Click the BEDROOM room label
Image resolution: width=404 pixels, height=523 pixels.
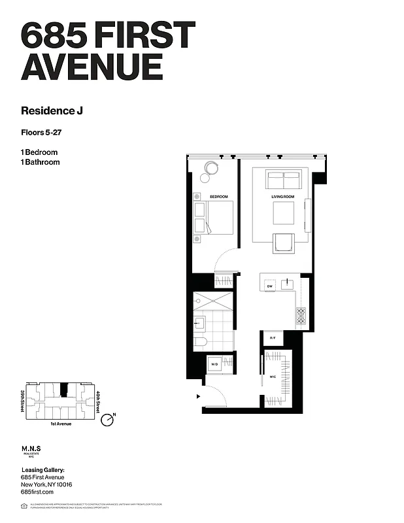click(x=218, y=197)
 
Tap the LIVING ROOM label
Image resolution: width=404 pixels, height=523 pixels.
click(x=283, y=197)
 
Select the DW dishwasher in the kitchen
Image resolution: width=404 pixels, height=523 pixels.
click(x=269, y=286)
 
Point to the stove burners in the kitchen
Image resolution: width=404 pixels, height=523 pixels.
click(x=301, y=315)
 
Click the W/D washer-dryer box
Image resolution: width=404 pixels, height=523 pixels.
click(x=214, y=363)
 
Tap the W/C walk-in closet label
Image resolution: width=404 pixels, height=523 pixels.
click(x=272, y=377)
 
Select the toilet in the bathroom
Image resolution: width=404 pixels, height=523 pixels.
click(x=200, y=342)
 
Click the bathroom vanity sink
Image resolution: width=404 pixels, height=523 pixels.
click(x=199, y=322)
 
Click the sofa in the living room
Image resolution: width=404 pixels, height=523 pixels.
click(x=283, y=180)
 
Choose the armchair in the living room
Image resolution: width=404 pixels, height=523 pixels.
click(x=283, y=243)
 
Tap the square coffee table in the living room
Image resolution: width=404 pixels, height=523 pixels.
click(x=283, y=212)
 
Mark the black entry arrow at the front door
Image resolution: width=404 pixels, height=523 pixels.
click(x=198, y=396)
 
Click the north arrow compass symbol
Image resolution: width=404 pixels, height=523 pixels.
click(x=107, y=421)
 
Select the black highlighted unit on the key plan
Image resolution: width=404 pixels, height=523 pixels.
click(x=63, y=390)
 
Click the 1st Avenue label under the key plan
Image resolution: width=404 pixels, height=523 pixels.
click(x=58, y=424)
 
